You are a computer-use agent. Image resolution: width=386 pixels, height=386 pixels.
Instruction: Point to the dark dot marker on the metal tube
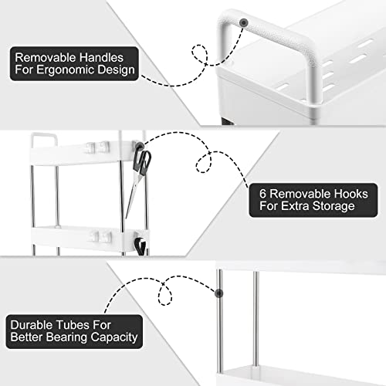[x=219, y=293]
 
